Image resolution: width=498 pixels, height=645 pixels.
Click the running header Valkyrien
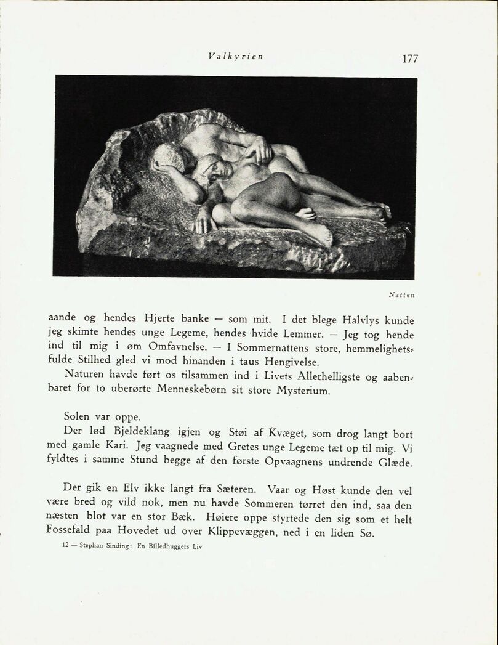pyautogui.click(x=236, y=55)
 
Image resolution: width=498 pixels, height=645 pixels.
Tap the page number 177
pyautogui.click(x=410, y=59)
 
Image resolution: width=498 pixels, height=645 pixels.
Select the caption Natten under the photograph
pyautogui.click(x=401, y=295)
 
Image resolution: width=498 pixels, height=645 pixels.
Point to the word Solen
pyautogui.click(x=79, y=416)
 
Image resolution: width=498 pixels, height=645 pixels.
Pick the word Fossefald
pyautogui.click(x=73, y=529)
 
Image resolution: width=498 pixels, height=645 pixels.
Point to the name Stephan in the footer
pyautogui.click(x=91, y=546)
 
